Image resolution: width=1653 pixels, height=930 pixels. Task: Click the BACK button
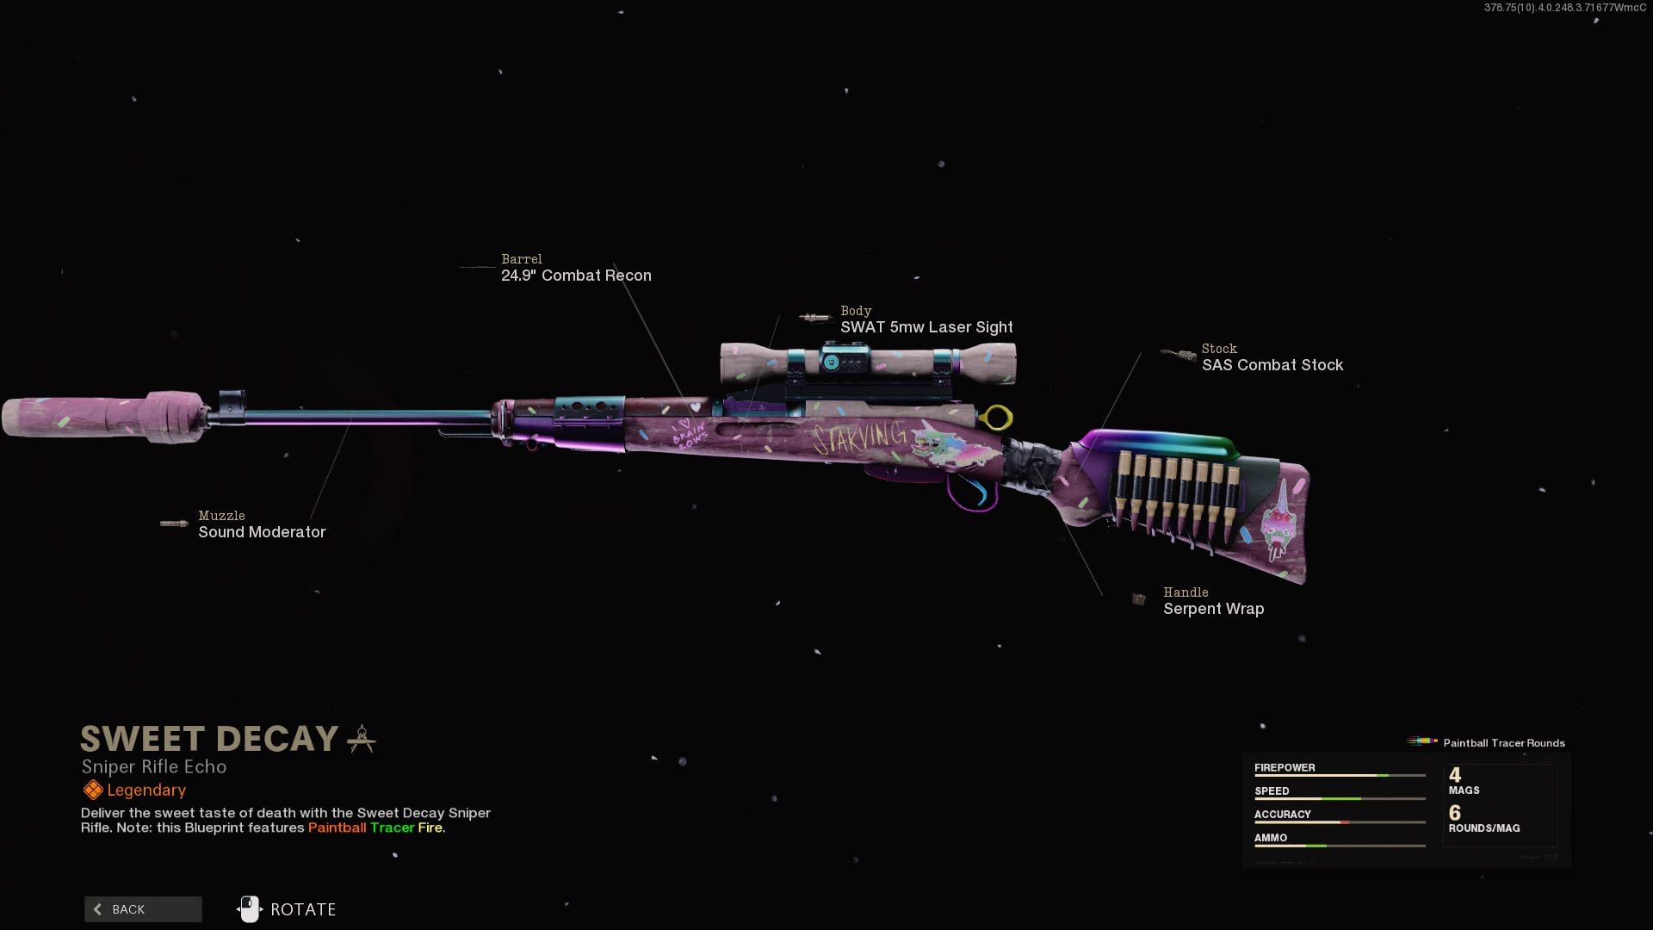pyautogui.click(x=143, y=909)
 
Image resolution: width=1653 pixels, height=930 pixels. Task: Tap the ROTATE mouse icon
pyautogui.click(x=249, y=908)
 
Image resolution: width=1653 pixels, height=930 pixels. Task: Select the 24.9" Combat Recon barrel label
pyautogui.click(x=576, y=276)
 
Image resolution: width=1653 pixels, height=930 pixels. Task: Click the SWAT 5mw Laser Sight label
pyautogui.click(x=926, y=327)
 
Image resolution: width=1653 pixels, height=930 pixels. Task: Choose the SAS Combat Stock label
pyautogui.click(x=1272, y=365)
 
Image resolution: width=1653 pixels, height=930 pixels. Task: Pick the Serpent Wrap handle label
pyautogui.click(x=1213, y=609)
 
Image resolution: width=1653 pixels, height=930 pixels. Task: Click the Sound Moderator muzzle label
pyautogui.click(x=262, y=532)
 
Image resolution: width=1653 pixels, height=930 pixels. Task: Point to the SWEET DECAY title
pyautogui.click(x=209, y=739)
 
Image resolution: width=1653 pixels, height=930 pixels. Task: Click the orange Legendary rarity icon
pyautogui.click(x=92, y=790)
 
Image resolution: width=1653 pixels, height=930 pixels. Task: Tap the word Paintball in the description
pyautogui.click(x=337, y=828)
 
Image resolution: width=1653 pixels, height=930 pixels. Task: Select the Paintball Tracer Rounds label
pyautogui.click(x=1503, y=743)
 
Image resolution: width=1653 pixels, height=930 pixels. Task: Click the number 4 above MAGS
pyautogui.click(x=1454, y=775)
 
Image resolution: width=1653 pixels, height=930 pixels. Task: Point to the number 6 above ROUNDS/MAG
pyautogui.click(x=1454, y=813)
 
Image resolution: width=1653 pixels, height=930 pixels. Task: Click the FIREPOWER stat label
pyautogui.click(x=1284, y=767)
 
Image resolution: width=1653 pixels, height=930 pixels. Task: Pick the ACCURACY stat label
pyautogui.click(x=1282, y=814)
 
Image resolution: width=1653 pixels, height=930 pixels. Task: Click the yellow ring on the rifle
pyautogui.click(x=997, y=418)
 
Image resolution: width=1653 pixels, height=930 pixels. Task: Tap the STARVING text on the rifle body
pyautogui.click(x=858, y=437)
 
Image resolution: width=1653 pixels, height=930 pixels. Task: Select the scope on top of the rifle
pyautogui.click(x=868, y=363)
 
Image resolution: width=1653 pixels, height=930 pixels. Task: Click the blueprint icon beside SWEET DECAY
pyautogui.click(x=362, y=739)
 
